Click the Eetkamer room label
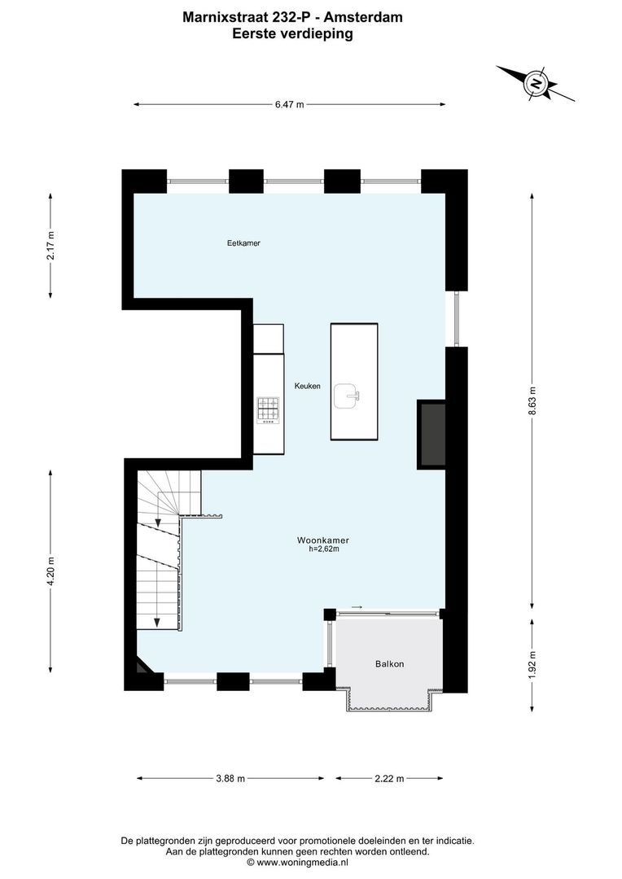point(243,243)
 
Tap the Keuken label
point(307,386)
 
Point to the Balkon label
point(389,664)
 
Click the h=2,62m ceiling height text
point(323,549)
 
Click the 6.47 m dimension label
point(289,104)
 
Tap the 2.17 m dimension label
point(50,245)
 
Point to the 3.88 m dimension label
point(230,778)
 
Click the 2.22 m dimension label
point(389,778)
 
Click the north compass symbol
point(537,82)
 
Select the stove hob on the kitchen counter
point(268,409)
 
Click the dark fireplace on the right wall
point(431,434)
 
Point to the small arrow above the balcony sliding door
point(357,606)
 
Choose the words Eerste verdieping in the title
point(292,33)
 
